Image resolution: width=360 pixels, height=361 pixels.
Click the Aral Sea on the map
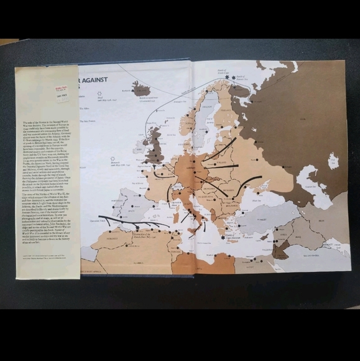333,161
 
